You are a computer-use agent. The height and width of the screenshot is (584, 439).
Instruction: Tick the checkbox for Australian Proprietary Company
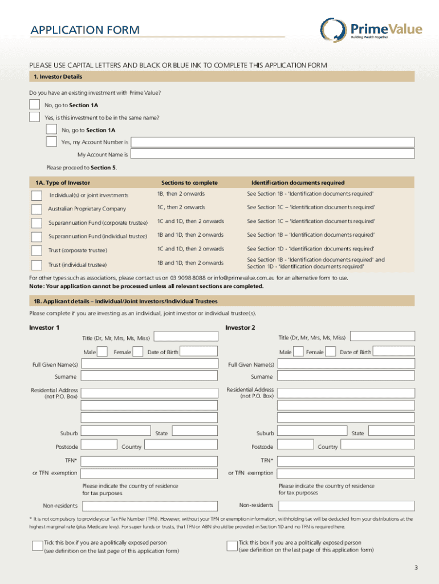click(36, 209)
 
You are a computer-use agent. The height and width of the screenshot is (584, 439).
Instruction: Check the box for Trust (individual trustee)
click(36, 265)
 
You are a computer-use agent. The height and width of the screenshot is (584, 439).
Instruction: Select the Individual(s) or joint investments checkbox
click(36, 195)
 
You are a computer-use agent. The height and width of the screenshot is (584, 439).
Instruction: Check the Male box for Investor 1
click(103, 352)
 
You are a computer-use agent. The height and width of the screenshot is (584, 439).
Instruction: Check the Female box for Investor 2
click(331, 352)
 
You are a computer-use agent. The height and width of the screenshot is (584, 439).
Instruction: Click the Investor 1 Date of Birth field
click(198, 352)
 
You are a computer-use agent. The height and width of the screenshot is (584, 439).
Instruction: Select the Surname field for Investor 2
click(345, 376)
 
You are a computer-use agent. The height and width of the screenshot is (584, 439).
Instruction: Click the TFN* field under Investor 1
click(149, 460)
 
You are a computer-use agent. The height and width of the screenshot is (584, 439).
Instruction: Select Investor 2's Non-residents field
click(345, 505)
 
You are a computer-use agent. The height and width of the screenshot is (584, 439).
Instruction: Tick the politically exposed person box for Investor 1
click(37, 545)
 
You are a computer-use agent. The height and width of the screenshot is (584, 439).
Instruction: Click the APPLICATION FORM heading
click(85, 30)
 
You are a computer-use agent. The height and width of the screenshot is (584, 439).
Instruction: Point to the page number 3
click(416, 567)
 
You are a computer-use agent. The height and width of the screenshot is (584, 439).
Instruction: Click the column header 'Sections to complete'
click(189, 182)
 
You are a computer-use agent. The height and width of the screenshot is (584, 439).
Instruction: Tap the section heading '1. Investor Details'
click(58, 76)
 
